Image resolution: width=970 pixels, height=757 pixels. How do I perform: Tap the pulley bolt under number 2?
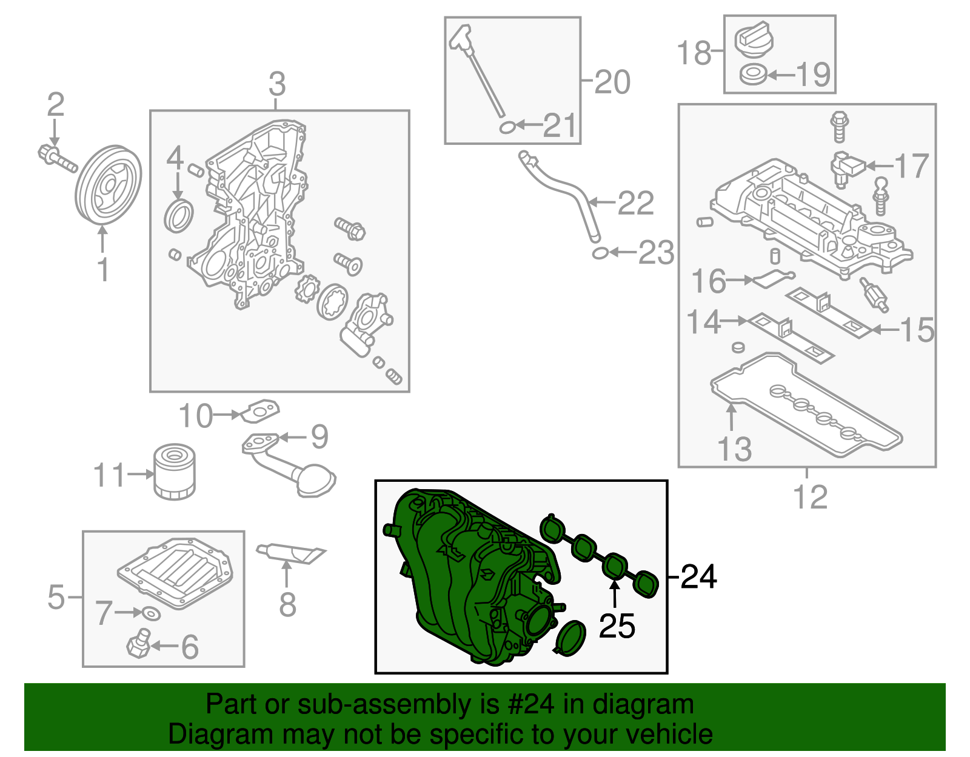coord(56,157)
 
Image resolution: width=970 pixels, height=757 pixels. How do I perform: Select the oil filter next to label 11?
coord(174,472)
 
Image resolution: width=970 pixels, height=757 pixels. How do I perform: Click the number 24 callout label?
coord(698,576)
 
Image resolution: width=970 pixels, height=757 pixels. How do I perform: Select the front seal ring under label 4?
coord(179,216)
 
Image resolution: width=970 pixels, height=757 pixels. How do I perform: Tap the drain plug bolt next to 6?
coord(139,644)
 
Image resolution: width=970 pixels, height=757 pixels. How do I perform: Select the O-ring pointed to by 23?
coord(600,253)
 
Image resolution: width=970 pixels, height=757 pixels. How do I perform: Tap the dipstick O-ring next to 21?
coord(507,127)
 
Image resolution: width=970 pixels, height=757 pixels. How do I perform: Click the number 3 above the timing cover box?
coord(277,84)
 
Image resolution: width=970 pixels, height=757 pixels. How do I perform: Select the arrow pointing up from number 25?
coord(615,593)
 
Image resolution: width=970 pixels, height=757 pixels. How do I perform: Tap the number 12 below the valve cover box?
coord(810,498)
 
